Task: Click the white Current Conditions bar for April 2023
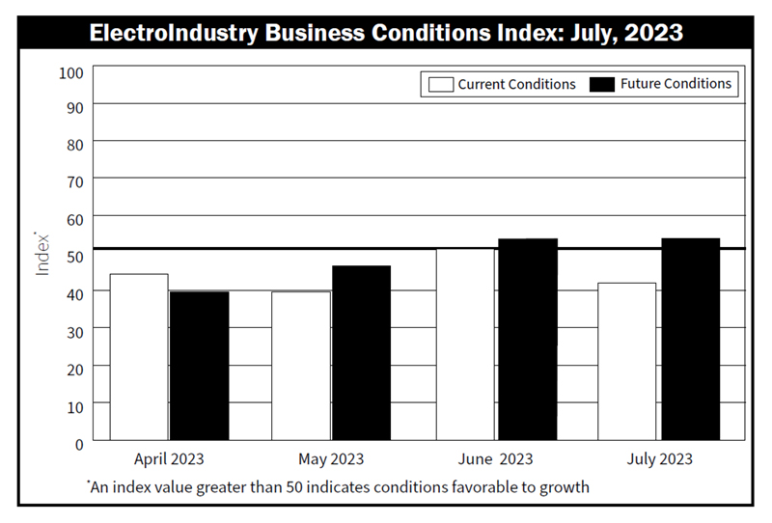(x=139, y=357)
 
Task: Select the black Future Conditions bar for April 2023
(x=199, y=366)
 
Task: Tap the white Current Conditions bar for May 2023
(x=300, y=366)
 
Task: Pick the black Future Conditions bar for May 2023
(x=361, y=353)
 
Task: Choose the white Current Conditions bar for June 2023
(x=466, y=344)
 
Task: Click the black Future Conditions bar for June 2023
(x=527, y=340)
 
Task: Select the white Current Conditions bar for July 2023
(x=627, y=362)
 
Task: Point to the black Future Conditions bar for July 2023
(x=689, y=340)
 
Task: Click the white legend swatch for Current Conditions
(x=440, y=84)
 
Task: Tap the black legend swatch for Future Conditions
(x=602, y=84)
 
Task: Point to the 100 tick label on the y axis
(x=73, y=72)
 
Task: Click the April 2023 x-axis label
(x=169, y=459)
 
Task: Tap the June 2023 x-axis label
(x=496, y=459)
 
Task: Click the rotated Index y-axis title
(x=42, y=254)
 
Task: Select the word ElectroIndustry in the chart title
(x=176, y=33)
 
